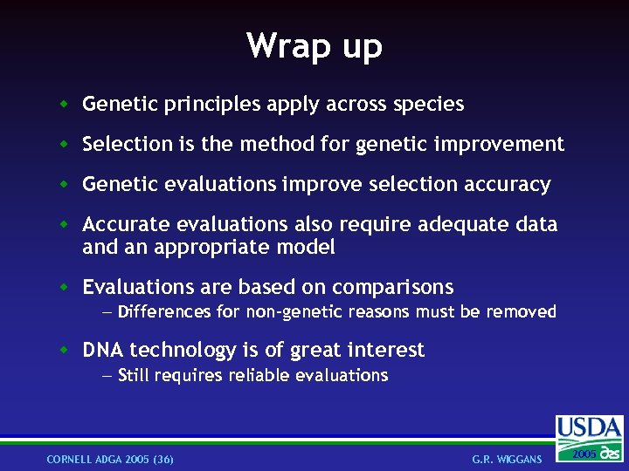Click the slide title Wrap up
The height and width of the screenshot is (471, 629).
(314, 45)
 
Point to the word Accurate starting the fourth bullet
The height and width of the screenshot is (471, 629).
(121, 225)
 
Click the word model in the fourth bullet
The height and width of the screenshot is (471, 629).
(307, 247)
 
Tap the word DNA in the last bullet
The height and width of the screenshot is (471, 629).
(103, 350)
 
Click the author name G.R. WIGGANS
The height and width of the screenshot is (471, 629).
(507, 459)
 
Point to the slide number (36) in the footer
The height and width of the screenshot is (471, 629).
(162, 459)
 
